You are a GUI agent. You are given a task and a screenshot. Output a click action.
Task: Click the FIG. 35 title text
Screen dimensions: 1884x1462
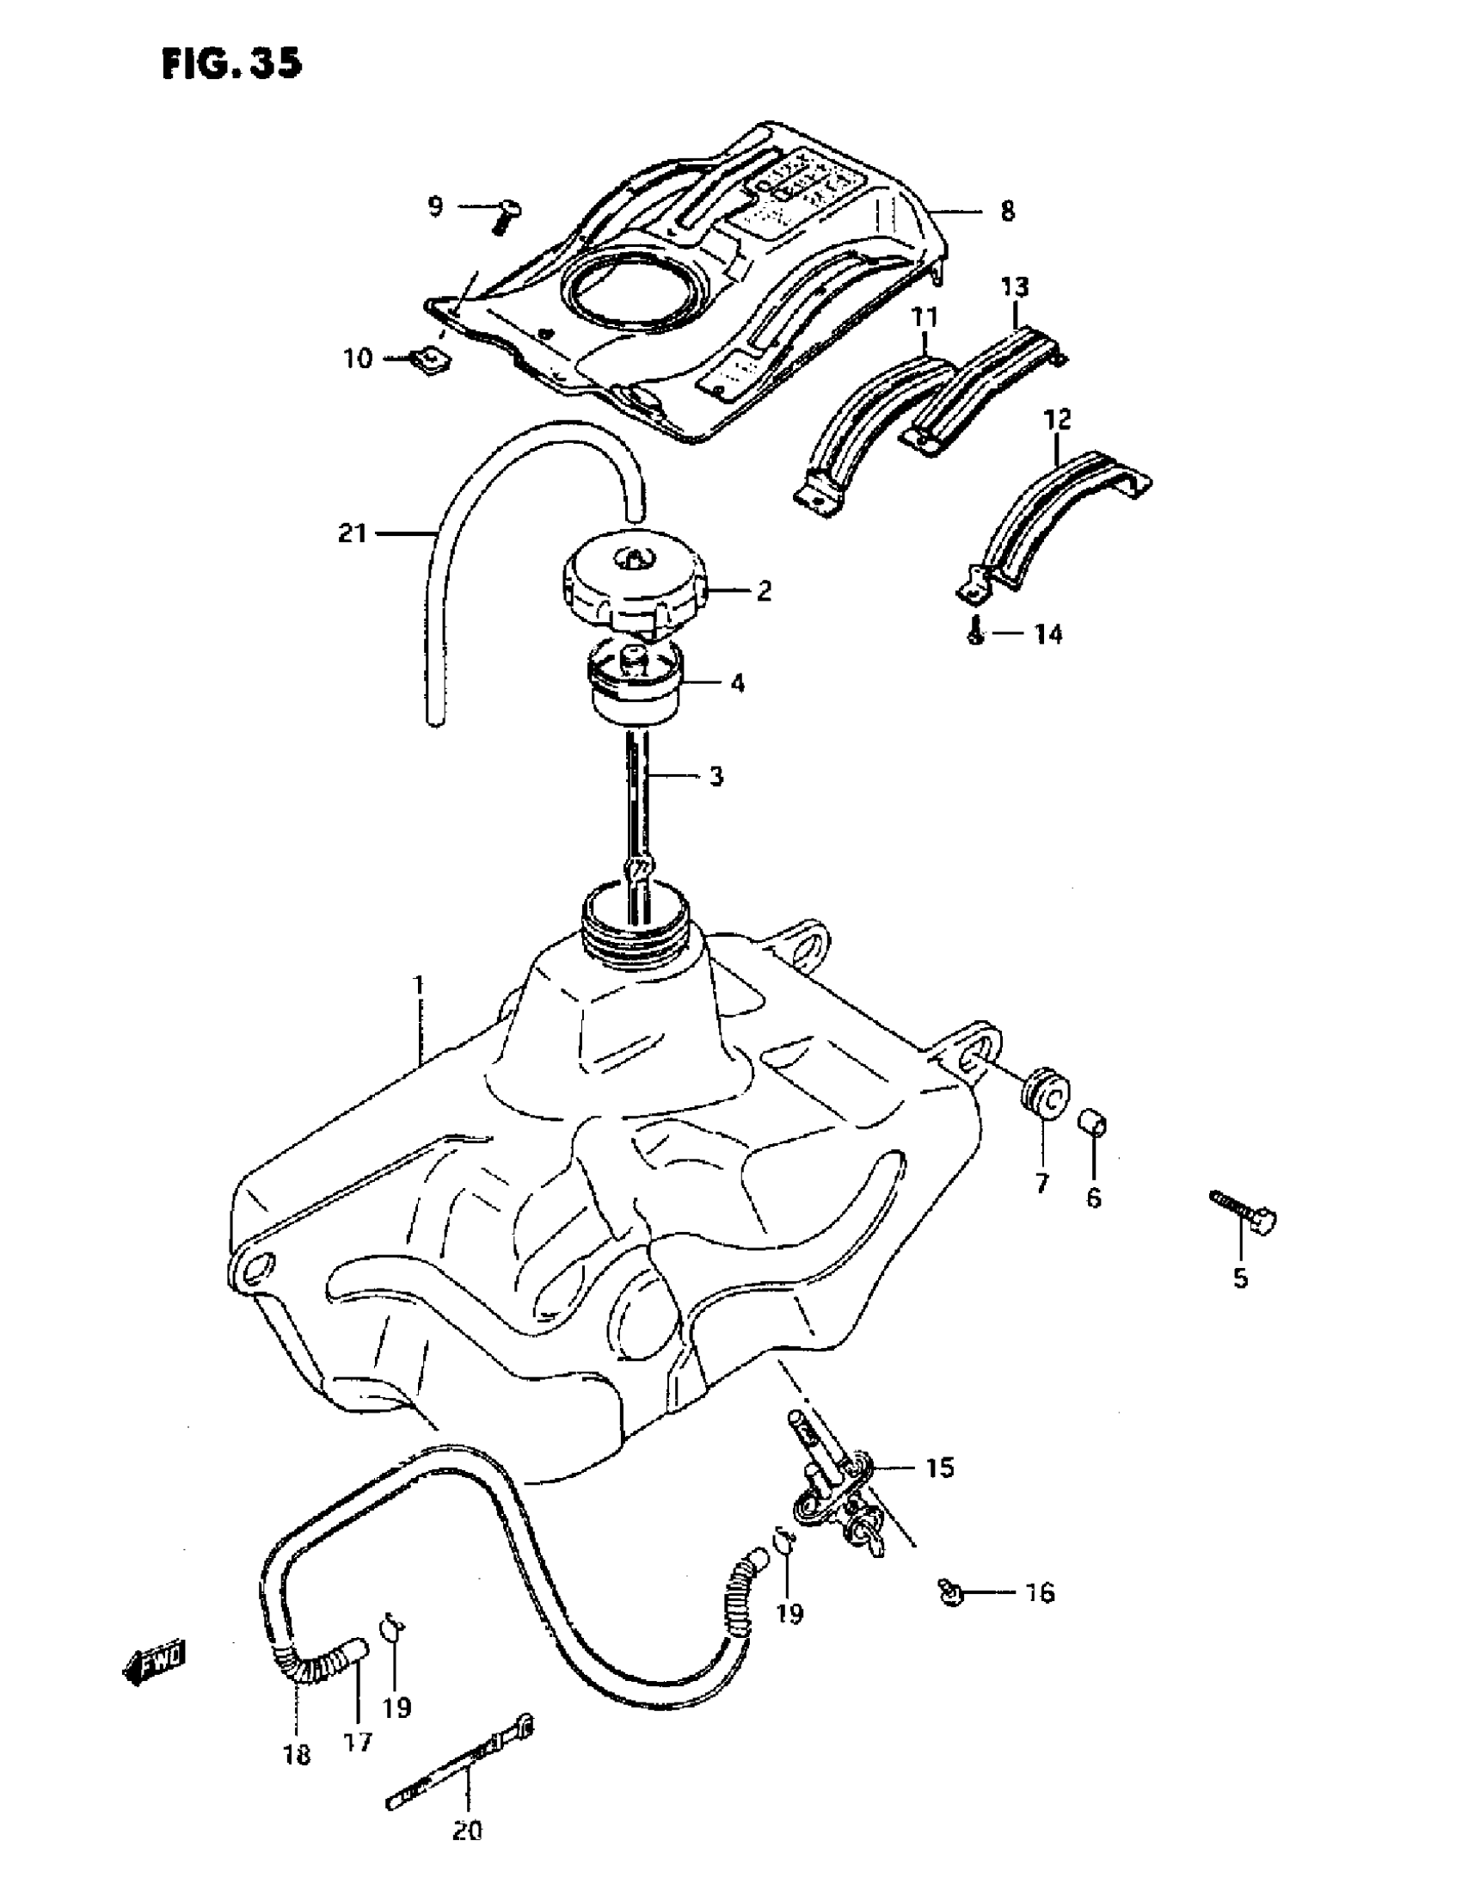point(231,63)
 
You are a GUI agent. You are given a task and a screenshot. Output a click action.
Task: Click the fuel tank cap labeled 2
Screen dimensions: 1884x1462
point(632,588)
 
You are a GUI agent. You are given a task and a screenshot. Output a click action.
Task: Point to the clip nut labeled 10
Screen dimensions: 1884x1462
point(429,359)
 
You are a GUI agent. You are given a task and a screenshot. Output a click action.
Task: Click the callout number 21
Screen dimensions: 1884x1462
point(352,534)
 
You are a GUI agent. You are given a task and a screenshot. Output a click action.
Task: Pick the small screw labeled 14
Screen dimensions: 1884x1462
point(974,634)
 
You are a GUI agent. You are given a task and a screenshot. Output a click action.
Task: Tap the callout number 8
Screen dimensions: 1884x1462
point(1006,211)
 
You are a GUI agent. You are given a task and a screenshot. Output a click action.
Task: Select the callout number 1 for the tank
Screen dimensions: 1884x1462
point(419,984)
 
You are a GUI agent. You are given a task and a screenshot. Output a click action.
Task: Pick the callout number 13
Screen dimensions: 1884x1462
point(1015,286)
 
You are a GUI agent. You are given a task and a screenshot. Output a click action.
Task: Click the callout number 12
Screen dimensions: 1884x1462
point(1058,420)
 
